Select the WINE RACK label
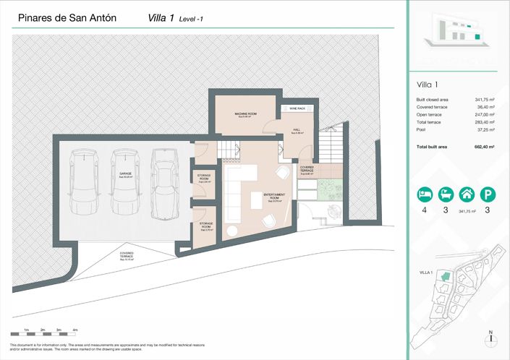click(297, 108)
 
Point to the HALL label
click(297, 132)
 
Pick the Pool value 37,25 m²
click(483, 131)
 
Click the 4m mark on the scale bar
click(75, 330)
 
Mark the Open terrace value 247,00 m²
click(483, 115)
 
